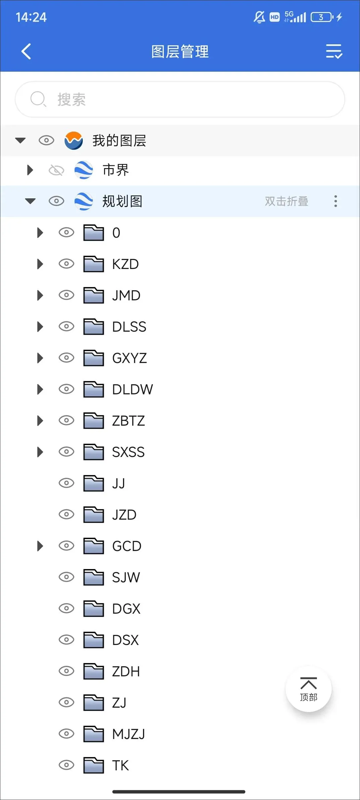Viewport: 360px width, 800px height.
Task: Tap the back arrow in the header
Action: coord(26,51)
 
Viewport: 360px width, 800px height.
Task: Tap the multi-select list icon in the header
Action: coord(334,51)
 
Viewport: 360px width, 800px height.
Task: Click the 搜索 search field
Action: coord(180,99)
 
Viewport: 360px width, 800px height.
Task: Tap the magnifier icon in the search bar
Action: coord(38,99)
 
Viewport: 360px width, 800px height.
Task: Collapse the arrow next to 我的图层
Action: coord(20,140)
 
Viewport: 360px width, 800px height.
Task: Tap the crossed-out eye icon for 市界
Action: coord(56,170)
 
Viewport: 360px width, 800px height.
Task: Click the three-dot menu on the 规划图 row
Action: coord(336,201)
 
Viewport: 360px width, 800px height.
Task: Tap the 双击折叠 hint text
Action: coord(286,201)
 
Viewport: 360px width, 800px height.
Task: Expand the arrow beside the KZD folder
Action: coord(40,264)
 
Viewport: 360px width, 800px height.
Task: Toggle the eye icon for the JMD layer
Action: coord(66,295)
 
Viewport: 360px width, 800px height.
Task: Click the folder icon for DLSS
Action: coord(94,326)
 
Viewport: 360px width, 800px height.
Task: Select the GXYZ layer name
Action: coord(130,358)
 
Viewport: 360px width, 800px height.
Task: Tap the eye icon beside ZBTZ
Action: coord(66,420)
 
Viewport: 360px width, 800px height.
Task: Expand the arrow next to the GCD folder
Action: coord(40,546)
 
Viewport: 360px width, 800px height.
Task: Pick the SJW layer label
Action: coord(126,577)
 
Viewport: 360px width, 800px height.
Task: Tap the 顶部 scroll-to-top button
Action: coord(309,689)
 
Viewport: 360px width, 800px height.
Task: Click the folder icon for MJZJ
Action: coord(94,734)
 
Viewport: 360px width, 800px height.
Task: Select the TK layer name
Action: coord(120,765)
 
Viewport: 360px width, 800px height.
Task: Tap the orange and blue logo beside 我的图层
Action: coord(74,141)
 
